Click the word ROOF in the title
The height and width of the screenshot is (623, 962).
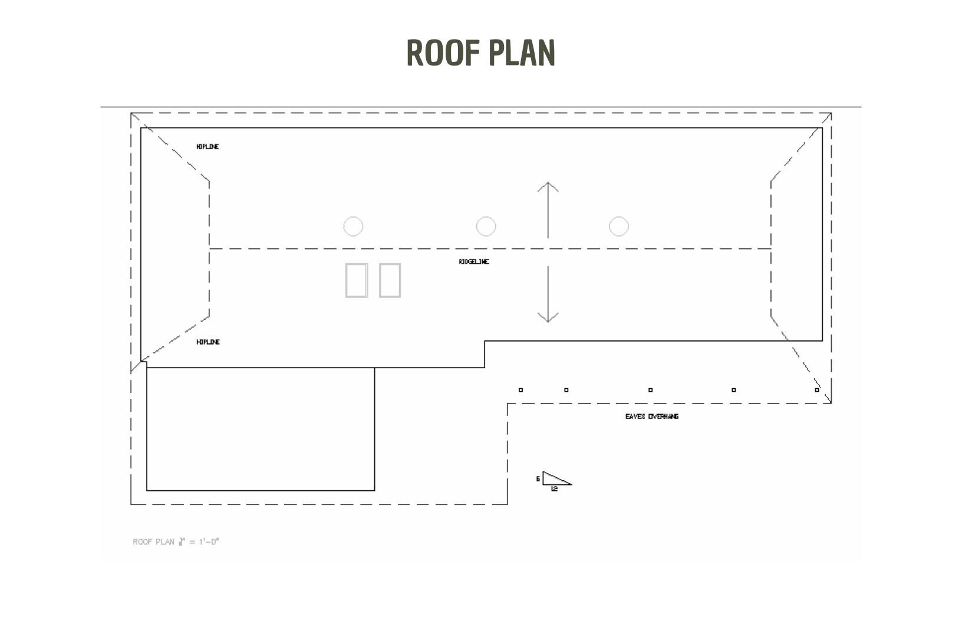444,53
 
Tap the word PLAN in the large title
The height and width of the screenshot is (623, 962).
522,53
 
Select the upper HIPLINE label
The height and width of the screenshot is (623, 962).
207,146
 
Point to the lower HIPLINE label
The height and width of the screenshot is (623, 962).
208,342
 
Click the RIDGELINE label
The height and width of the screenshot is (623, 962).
474,262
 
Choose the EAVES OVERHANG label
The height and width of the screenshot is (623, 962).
652,417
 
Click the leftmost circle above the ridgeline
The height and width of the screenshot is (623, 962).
353,227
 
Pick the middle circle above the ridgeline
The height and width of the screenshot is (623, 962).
486,227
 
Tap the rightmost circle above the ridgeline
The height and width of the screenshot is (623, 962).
618,227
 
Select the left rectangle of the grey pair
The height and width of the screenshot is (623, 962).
357,280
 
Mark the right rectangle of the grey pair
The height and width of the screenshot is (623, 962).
390,280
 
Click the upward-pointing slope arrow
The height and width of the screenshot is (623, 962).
548,209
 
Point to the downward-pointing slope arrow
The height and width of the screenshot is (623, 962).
548,294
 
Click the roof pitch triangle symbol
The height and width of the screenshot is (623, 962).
555,479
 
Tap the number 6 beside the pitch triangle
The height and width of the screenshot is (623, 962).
538,479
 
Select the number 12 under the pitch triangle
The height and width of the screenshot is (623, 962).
554,489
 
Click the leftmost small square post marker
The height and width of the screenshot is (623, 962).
520,390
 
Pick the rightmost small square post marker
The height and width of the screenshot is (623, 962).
817,390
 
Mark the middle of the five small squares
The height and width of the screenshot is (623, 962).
650,390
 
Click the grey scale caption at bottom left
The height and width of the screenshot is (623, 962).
176,542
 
